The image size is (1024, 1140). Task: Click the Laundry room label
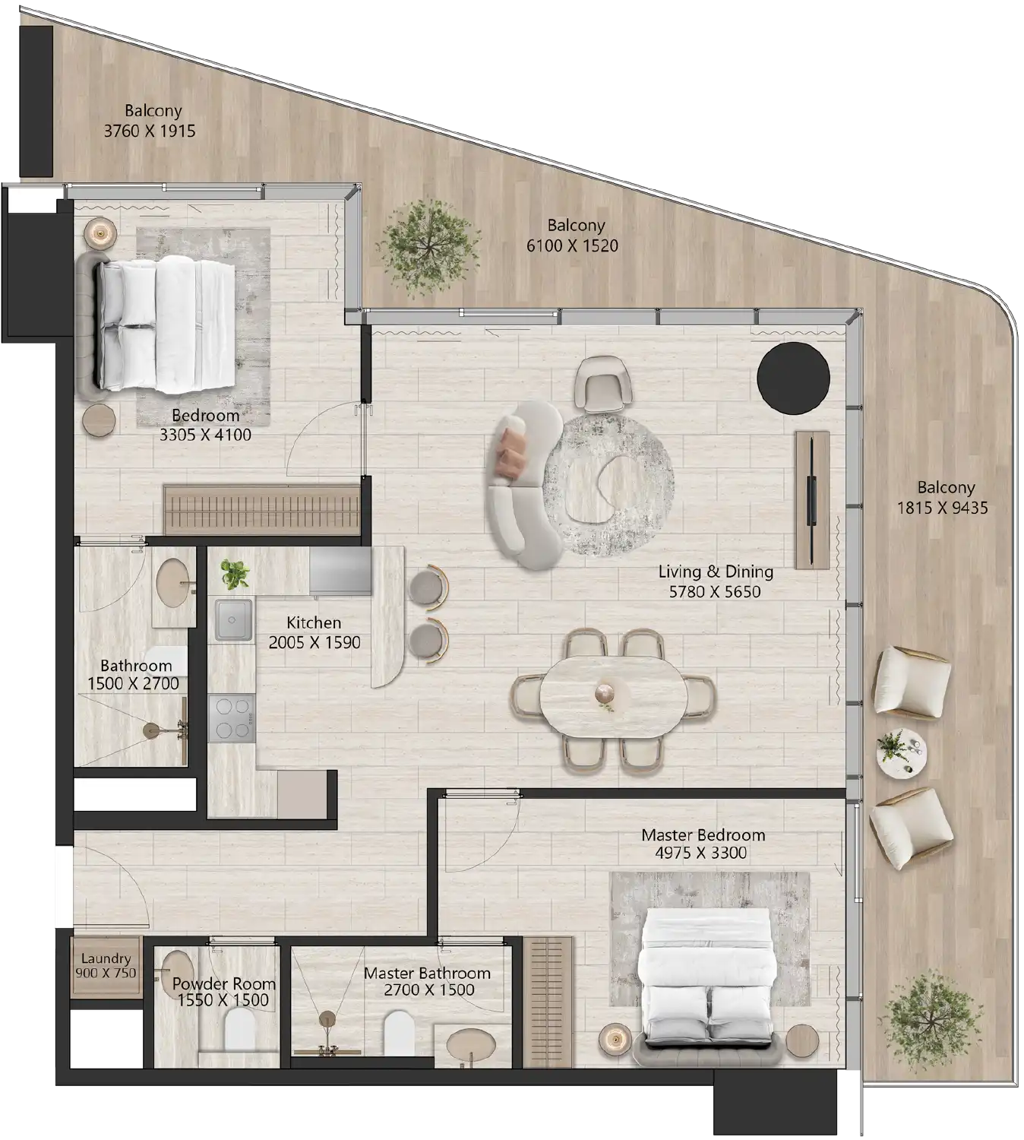(x=106, y=958)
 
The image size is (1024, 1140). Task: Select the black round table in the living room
(x=793, y=378)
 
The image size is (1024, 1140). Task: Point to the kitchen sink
(x=233, y=620)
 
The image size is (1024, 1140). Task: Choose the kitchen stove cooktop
(x=232, y=718)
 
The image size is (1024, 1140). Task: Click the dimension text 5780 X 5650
(x=714, y=592)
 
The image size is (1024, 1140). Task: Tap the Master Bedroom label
(x=703, y=834)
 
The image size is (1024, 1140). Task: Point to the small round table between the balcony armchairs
(x=901, y=752)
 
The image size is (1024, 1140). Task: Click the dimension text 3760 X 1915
(x=150, y=131)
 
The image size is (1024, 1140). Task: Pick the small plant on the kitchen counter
(x=235, y=575)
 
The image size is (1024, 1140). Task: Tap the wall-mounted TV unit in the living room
(x=811, y=499)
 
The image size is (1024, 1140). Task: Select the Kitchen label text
(x=314, y=622)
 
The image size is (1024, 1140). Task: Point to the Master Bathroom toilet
(x=399, y=1032)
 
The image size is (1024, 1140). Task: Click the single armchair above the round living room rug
(x=602, y=384)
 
